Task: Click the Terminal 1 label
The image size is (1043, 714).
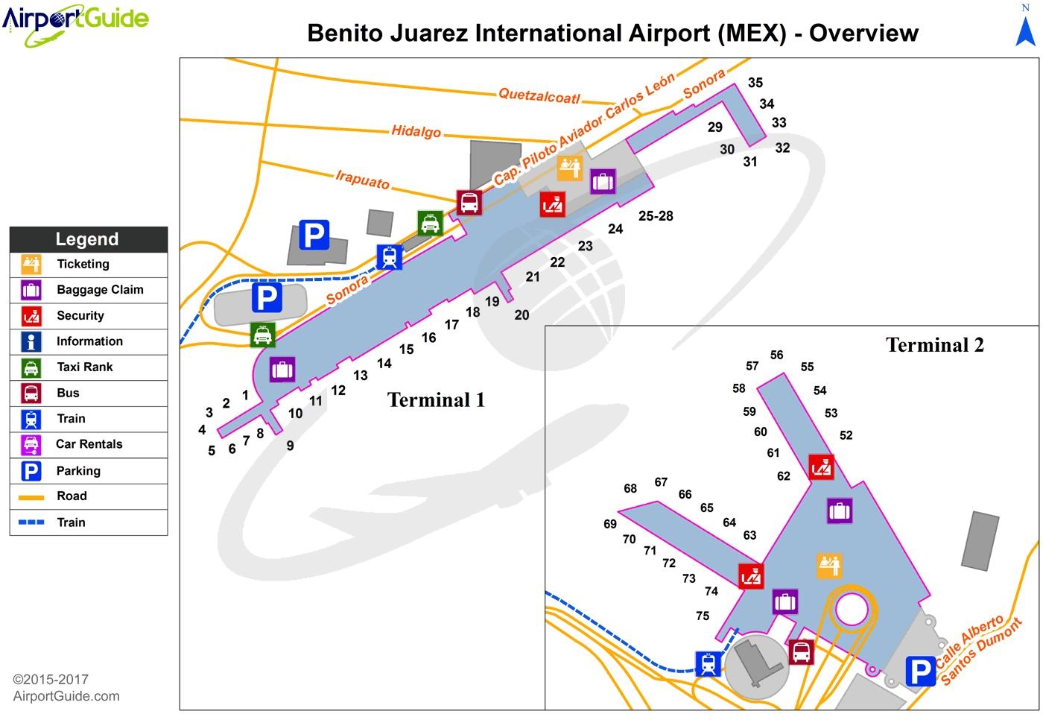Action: pyautogui.click(x=436, y=400)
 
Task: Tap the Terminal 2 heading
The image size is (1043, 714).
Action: pyautogui.click(x=934, y=345)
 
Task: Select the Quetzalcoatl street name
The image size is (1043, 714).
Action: pyautogui.click(x=539, y=95)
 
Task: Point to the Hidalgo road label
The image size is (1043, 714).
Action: pyautogui.click(x=416, y=131)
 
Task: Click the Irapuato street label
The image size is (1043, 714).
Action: pyautogui.click(x=362, y=180)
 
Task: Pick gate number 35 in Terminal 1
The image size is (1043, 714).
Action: pyautogui.click(x=755, y=83)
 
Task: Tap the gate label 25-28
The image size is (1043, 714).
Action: pyautogui.click(x=656, y=216)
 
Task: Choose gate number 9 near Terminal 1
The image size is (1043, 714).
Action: pyautogui.click(x=290, y=446)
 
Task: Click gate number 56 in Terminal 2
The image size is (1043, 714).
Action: pyautogui.click(x=776, y=356)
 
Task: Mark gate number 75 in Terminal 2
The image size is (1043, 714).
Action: pyautogui.click(x=703, y=616)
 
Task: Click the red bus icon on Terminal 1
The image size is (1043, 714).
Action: pyautogui.click(x=469, y=202)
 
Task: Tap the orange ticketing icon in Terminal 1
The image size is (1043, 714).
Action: pyautogui.click(x=570, y=168)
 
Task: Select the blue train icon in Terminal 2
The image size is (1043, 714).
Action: pyautogui.click(x=708, y=663)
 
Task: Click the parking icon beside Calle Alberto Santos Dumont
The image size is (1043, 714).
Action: pyautogui.click(x=920, y=672)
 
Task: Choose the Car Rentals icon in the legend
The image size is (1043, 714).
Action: pyautogui.click(x=31, y=444)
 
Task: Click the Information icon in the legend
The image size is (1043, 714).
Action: pyautogui.click(x=31, y=341)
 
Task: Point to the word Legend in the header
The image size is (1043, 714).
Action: pyautogui.click(x=87, y=239)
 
